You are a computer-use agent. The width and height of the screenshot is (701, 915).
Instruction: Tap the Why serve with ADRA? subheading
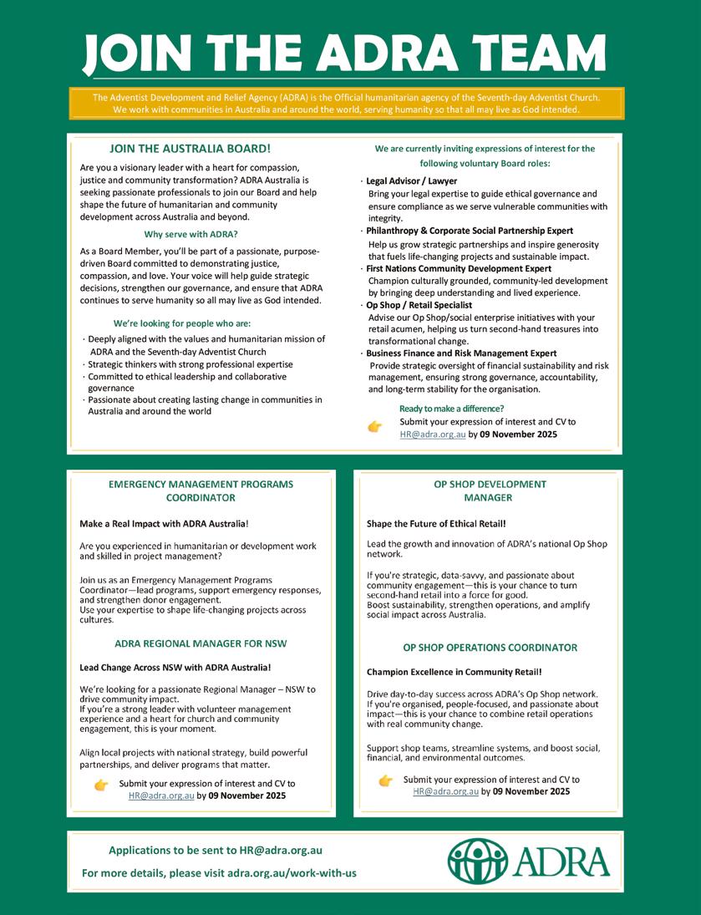click(190, 234)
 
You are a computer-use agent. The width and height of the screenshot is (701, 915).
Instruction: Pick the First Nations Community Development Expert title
click(459, 269)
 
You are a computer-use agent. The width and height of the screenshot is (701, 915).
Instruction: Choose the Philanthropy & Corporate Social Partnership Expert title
click(470, 230)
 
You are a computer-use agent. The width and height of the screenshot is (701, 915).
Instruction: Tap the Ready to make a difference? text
click(451, 409)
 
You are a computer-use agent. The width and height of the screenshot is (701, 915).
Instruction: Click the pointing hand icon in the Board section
click(375, 427)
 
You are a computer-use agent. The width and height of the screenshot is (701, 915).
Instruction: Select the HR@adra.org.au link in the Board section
click(432, 435)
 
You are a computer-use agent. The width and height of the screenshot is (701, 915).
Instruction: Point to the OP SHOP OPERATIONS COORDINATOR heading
click(490, 648)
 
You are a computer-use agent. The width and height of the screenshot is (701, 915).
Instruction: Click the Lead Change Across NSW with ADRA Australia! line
click(175, 667)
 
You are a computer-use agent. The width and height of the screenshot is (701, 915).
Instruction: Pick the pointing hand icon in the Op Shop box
click(385, 780)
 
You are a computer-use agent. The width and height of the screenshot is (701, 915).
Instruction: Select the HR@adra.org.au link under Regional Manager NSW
click(161, 796)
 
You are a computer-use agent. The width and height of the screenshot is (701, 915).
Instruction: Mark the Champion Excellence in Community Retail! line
click(454, 672)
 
